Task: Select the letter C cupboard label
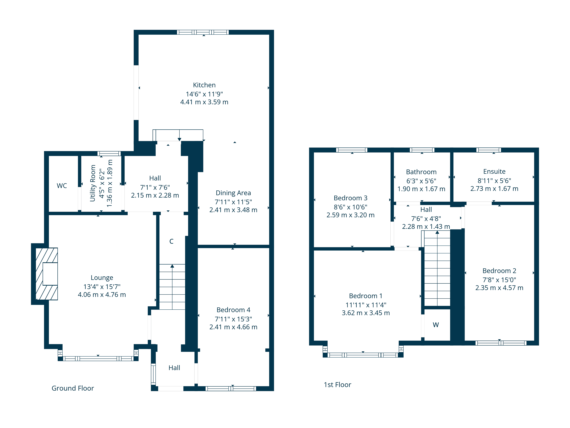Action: (171, 241)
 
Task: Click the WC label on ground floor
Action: (62, 186)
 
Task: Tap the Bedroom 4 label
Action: (233, 310)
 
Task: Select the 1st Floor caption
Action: (337, 385)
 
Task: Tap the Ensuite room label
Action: (494, 172)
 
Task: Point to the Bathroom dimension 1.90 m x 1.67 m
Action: (421, 189)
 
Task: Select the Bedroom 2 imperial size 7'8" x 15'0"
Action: (499, 280)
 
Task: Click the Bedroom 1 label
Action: (366, 296)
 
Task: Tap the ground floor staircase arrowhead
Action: (172, 266)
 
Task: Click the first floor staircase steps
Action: (437, 273)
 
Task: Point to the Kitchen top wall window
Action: (203, 32)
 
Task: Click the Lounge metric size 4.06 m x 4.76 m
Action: (102, 295)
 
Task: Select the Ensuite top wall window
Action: (489, 150)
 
